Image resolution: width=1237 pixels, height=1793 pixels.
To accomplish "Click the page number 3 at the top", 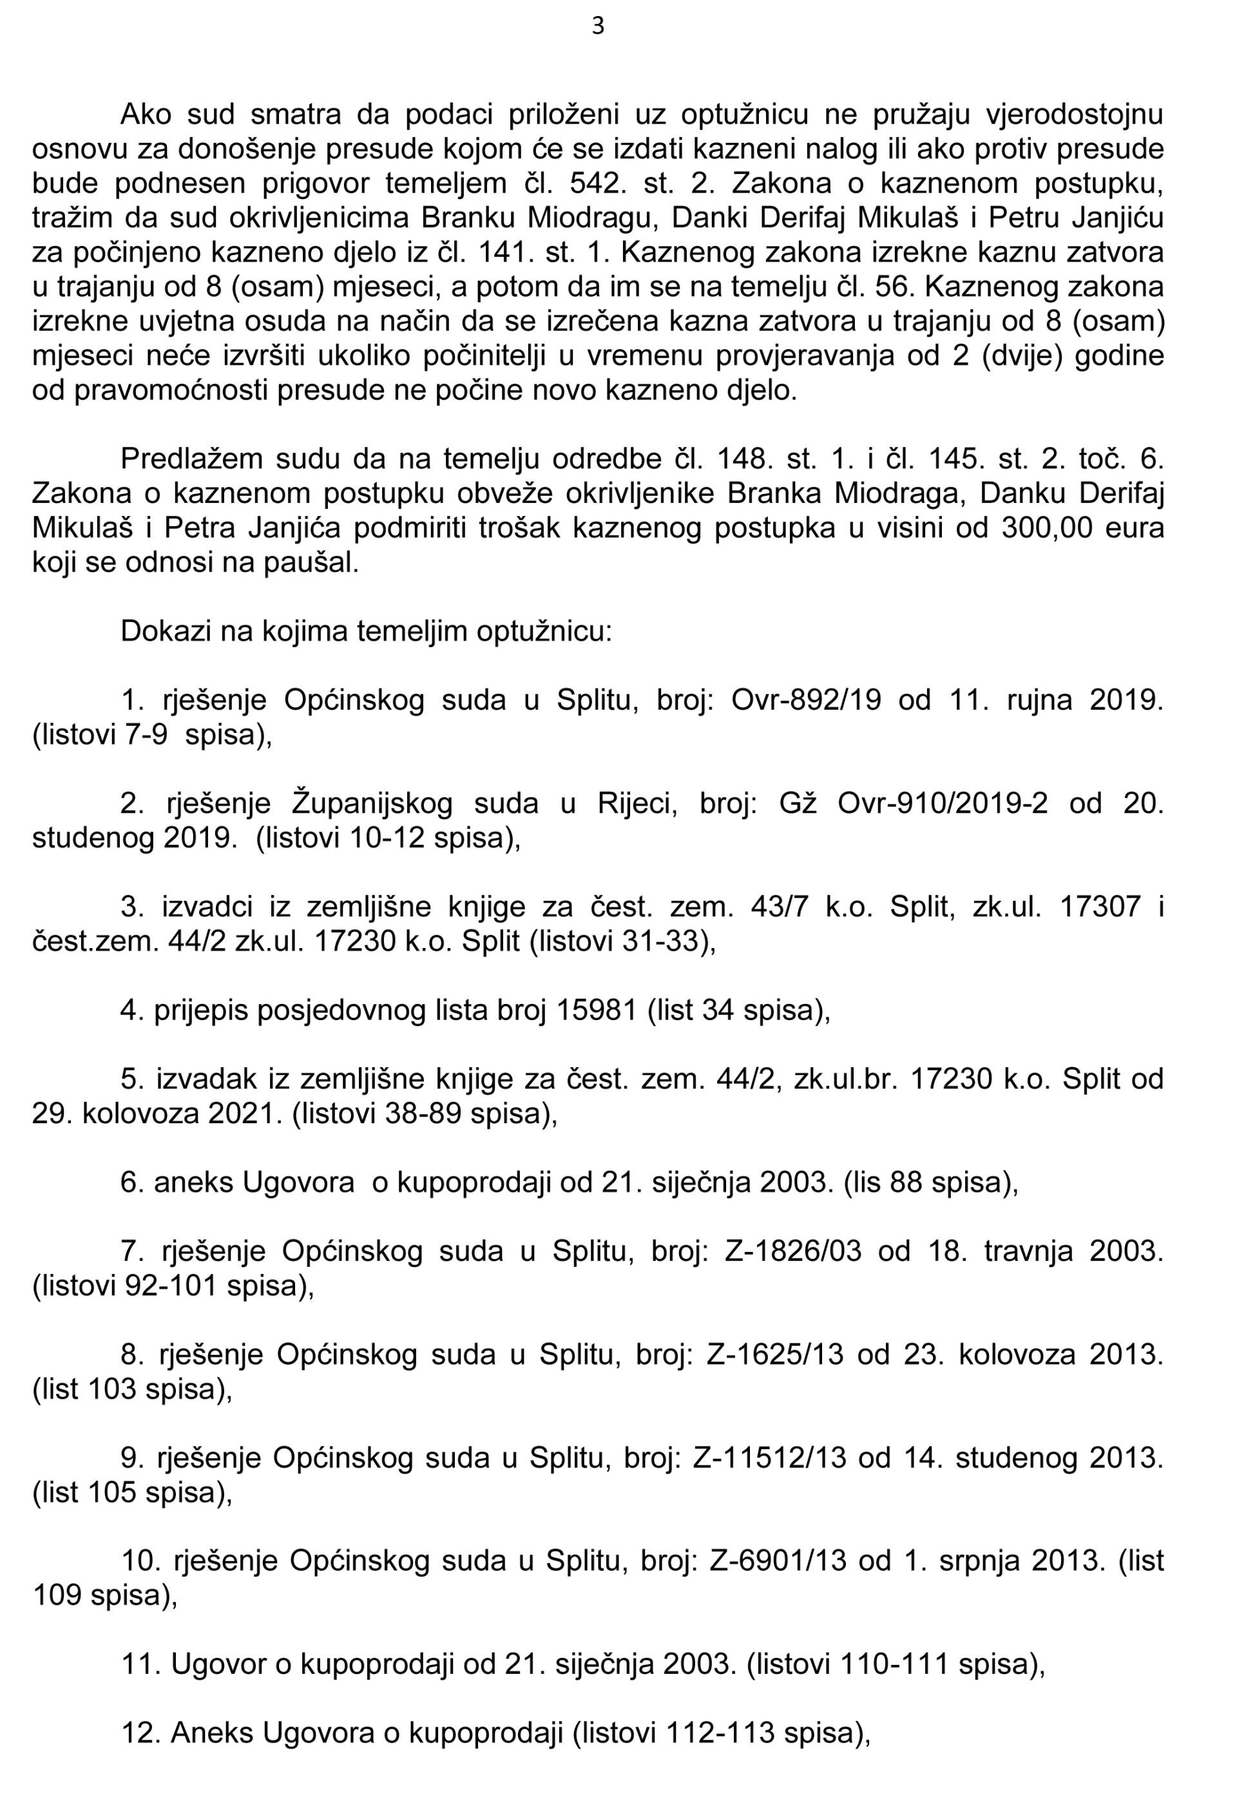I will click(598, 27).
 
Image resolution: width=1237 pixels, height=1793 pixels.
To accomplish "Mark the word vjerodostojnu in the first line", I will click(1074, 115).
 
